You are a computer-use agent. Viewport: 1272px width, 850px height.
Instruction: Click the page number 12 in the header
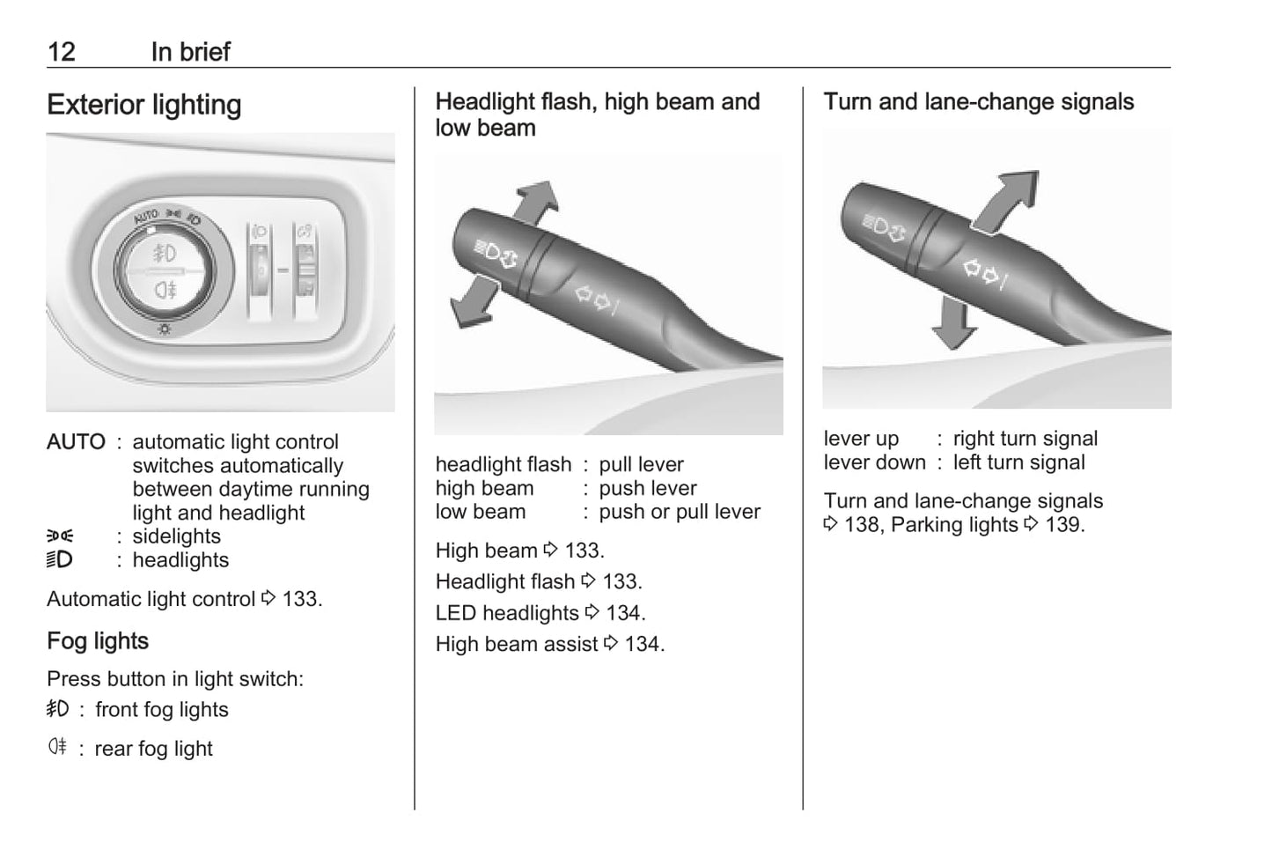pyautogui.click(x=62, y=52)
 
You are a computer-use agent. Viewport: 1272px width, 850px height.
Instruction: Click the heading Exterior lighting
pyautogui.click(x=144, y=105)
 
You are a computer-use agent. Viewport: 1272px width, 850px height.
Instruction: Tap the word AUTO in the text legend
pyautogui.click(x=76, y=441)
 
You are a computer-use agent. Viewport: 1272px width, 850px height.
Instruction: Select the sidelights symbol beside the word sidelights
pyautogui.click(x=60, y=536)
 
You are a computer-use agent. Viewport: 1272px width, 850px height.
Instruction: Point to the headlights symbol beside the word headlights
pyautogui.click(x=60, y=559)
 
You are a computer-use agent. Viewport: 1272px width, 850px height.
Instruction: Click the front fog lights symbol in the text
pyautogui.click(x=57, y=708)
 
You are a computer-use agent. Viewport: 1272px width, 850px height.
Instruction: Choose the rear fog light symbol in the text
pyautogui.click(x=57, y=746)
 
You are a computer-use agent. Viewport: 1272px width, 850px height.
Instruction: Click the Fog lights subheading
pyautogui.click(x=98, y=641)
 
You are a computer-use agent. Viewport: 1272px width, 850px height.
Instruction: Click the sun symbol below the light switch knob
pyautogui.click(x=165, y=329)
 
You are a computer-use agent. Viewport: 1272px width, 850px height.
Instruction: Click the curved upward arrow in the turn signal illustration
pyautogui.click(x=1005, y=202)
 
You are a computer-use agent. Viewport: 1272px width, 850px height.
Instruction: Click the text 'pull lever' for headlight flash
pyautogui.click(x=641, y=464)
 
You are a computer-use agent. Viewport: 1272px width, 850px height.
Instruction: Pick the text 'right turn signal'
pyautogui.click(x=1025, y=439)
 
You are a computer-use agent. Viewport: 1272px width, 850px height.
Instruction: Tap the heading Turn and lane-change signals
pyautogui.click(x=978, y=102)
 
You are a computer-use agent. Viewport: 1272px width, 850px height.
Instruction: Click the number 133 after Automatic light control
pyautogui.click(x=299, y=599)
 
